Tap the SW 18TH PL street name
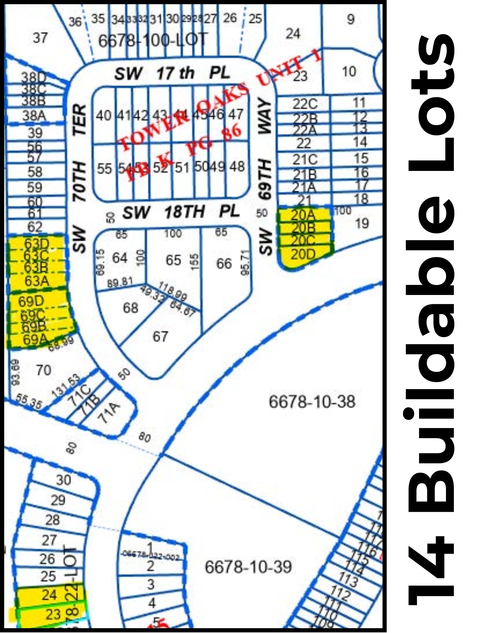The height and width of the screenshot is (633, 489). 181,212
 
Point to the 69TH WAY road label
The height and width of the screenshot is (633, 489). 265,149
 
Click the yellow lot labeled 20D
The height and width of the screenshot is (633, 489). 303,254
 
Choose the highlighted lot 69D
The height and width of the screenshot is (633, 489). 31,301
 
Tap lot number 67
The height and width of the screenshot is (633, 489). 160,336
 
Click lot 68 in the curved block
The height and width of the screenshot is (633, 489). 130,308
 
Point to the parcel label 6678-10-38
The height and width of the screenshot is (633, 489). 312,402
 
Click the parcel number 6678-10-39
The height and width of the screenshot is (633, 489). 248,567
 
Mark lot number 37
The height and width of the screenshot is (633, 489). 40,38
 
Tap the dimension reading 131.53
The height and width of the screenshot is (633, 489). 66,385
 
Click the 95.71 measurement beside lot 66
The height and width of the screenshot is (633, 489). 245,262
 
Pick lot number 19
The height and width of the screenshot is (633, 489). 362,223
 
